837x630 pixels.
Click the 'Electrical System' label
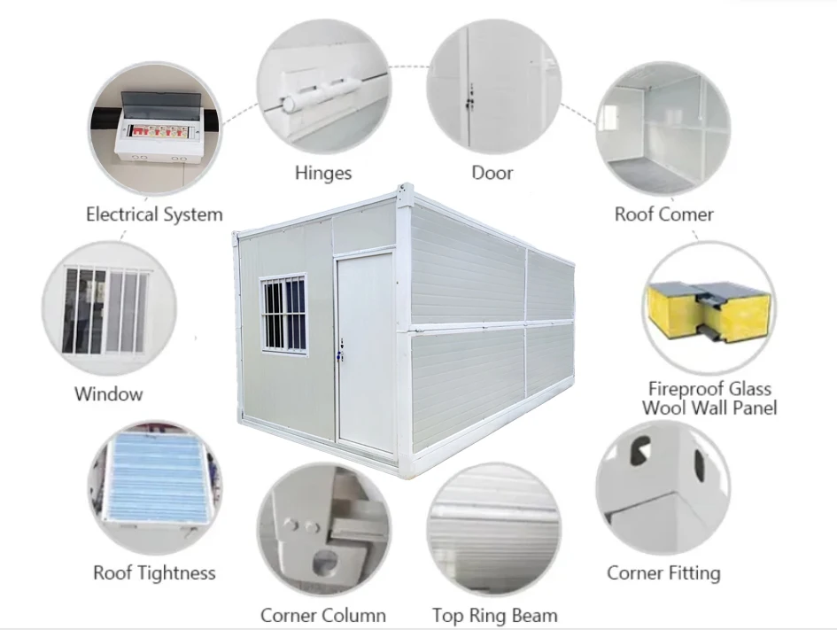pos(154,214)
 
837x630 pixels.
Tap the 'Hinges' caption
pos(323,173)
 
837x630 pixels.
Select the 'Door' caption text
pos(492,173)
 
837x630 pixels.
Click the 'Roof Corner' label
pos(663,214)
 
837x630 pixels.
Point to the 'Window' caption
pos(108,394)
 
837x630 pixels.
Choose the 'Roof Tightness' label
pos(154,573)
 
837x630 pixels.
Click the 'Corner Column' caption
pos(323,615)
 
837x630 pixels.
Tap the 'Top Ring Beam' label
pos(495,615)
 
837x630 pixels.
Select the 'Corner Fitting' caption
pos(663,573)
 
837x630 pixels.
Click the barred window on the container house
pos(283,314)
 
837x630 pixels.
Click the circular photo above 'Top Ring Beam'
pos(494,529)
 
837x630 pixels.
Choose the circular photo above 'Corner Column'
pos(323,529)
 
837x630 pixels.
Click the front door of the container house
pos(365,353)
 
